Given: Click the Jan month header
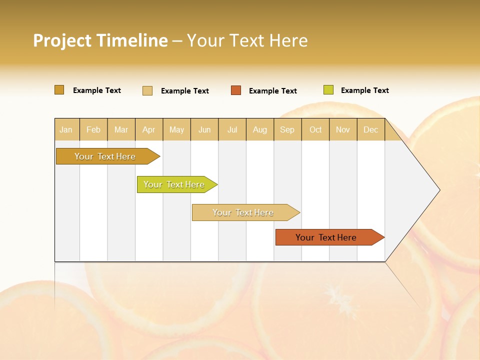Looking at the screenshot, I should (x=66, y=129).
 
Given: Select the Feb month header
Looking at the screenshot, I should (x=93, y=129).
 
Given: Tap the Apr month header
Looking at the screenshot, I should (x=148, y=129).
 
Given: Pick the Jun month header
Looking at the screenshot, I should (x=204, y=129).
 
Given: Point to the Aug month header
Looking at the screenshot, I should (x=259, y=129).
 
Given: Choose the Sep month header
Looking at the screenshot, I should (x=287, y=129).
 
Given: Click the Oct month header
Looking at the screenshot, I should (x=315, y=129).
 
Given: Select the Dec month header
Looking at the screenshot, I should (x=370, y=129).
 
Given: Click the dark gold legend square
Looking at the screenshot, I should (x=59, y=90).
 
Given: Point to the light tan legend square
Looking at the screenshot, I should (x=147, y=90).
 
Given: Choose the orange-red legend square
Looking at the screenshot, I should (x=236, y=90).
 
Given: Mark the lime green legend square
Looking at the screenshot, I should (x=328, y=90).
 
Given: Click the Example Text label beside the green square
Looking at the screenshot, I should (x=364, y=90).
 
